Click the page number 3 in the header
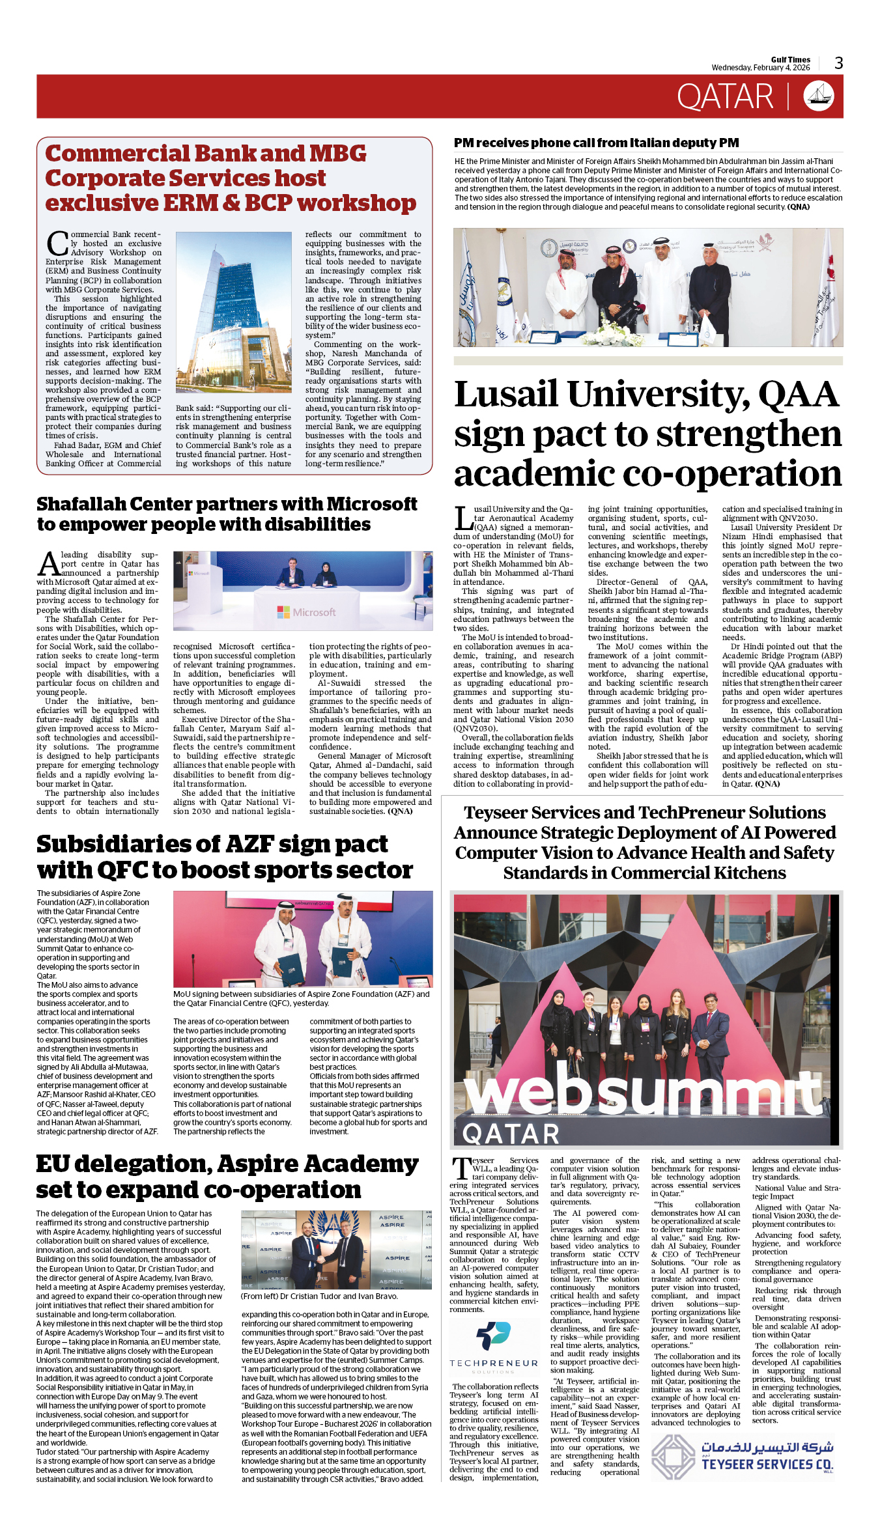[x=838, y=63]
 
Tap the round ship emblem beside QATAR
[x=819, y=96]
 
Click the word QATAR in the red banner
[x=725, y=97]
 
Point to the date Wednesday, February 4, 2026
[x=760, y=68]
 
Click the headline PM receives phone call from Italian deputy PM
[x=596, y=143]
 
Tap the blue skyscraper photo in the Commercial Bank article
[x=233, y=313]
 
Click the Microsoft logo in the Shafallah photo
[x=306, y=612]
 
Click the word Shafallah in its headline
[x=114, y=504]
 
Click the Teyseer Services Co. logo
[x=743, y=1457]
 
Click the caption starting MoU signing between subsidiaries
[x=302, y=998]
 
